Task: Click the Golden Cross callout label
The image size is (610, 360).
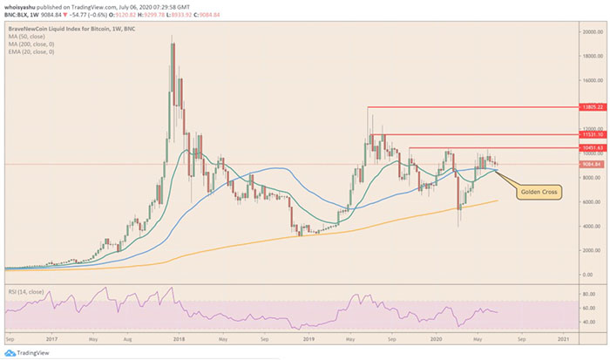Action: coord(540,189)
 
